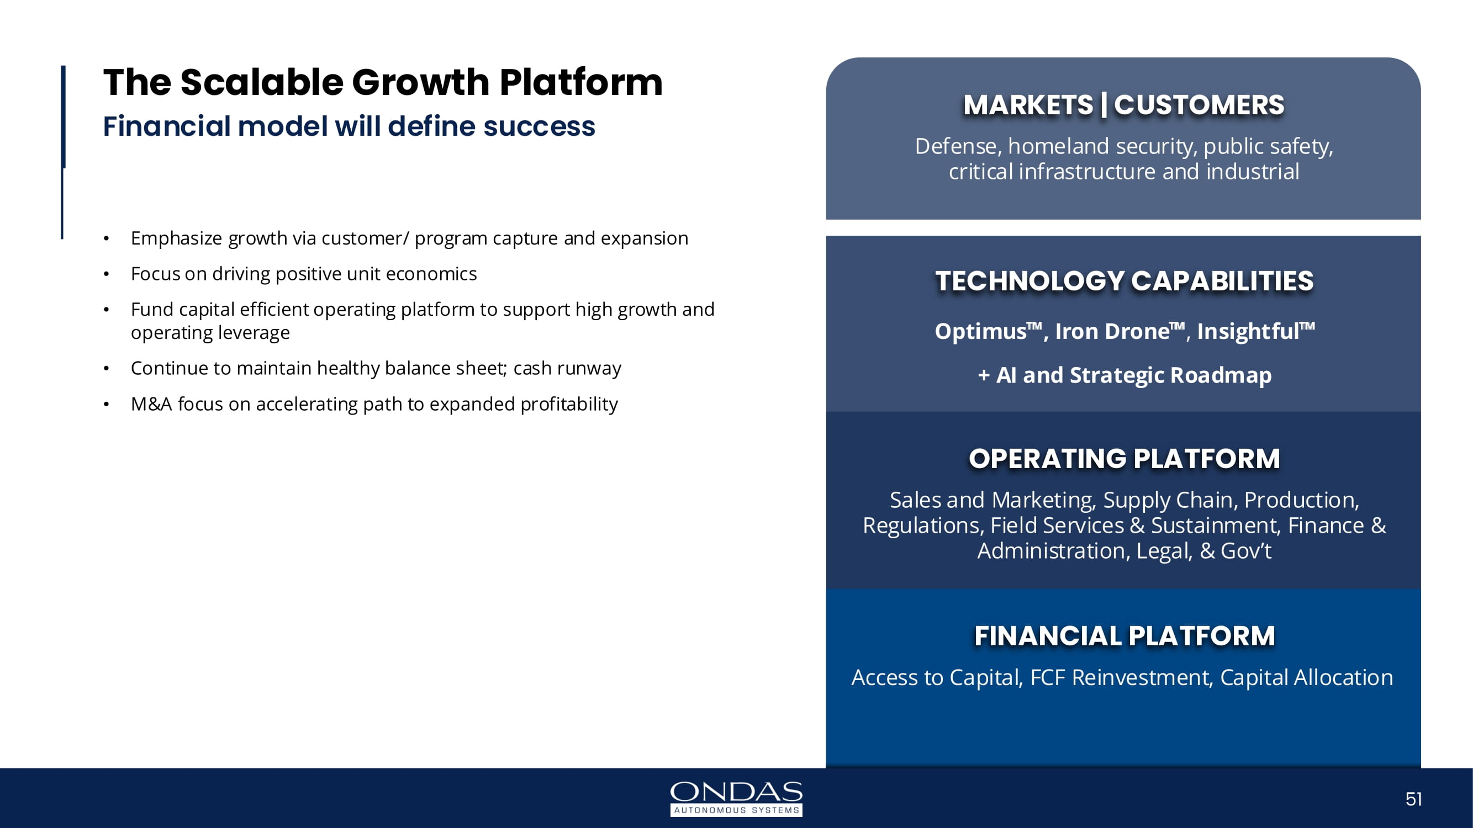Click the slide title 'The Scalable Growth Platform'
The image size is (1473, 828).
pyautogui.click(x=383, y=82)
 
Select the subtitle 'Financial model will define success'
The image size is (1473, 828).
pyautogui.click(x=349, y=126)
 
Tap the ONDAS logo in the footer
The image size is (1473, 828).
pyautogui.click(x=736, y=798)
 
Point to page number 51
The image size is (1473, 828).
pyautogui.click(x=1413, y=799)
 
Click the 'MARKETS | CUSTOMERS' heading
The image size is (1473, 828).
pyautogui.click(x=1123, y=105)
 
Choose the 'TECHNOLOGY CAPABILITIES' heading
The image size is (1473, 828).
pyautogui.click(x=1124, y=281)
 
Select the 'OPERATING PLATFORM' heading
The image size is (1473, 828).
pyautogui.click(x=1124, y=458)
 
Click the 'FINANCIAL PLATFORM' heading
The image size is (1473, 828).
pyautogui.click(x=1124, y=636)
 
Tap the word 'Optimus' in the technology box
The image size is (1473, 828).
pyautogui.click(x=981, y=331)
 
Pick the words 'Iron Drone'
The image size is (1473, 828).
pyautogui.click(x=1112, y=331)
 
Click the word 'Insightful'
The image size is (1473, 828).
pyautogui.click(x=1248, y=331)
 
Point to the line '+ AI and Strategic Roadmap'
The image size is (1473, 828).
pyautogui.click(x=1124, y=375)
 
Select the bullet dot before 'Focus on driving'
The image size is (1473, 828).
pyautogui.click(x=107, y=275)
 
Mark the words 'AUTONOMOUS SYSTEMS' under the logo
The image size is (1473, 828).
pyautogui.click(x=737, y=810)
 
